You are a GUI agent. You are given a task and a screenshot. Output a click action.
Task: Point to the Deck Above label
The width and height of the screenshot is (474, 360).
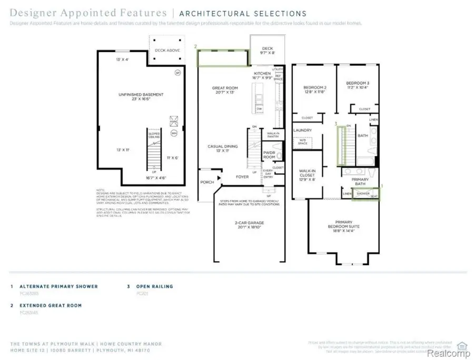(167, 51)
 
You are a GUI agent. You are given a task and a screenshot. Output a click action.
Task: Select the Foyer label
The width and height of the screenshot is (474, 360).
(242, 177)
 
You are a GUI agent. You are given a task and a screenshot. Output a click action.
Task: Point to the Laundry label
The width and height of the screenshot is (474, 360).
(302, 131)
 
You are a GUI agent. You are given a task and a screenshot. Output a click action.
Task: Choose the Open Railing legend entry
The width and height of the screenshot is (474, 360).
(154, 286)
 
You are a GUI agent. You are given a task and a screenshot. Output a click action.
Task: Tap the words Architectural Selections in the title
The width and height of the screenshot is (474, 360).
(243, 14)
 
